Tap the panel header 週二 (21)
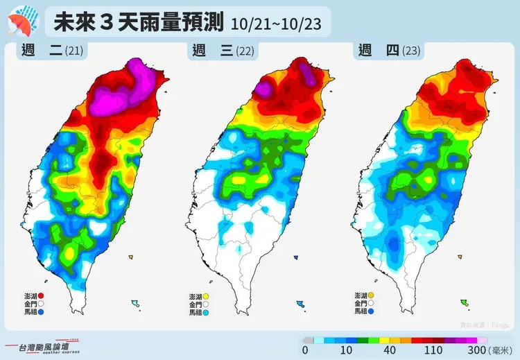(52, 51)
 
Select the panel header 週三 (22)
(222, 51)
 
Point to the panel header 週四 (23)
(389, 51)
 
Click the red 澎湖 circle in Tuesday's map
(41, 296)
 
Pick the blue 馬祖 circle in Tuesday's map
(41, 312)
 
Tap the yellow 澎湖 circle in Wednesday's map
(206, 296)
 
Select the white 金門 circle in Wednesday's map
(206, 305)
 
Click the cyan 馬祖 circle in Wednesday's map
(206, 313)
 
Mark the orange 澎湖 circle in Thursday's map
(372, 295)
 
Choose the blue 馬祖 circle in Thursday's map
(372, 312)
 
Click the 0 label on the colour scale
(305, 350)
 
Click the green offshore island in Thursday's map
(464, 302)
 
